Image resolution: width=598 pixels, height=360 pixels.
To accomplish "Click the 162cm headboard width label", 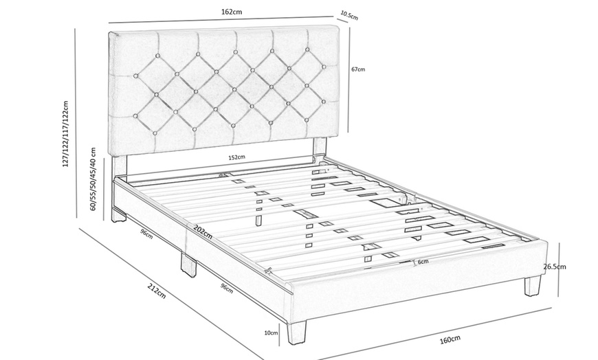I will [x=232, y=12].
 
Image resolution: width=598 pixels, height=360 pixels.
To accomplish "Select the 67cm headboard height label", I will [x=357, y=69].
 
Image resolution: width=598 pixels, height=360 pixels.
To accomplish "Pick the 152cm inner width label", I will [x=236, y=157].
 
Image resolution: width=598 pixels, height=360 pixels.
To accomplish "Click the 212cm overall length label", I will [x=157, y=293].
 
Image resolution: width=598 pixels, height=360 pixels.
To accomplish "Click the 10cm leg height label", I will [x=272, y=333].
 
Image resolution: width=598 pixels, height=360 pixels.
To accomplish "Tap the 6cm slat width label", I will [x=422, y=262].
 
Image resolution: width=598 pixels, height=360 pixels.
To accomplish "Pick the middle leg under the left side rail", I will [x=188, y=264].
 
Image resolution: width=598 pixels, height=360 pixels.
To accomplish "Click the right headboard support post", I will [x=319, y=148].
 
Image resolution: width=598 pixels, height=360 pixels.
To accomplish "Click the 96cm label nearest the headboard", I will [x=146, y=233].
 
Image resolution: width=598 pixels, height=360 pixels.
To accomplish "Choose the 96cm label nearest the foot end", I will [x=226, y=287].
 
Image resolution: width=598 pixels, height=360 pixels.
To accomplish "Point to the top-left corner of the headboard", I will [x=111, y=31].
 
